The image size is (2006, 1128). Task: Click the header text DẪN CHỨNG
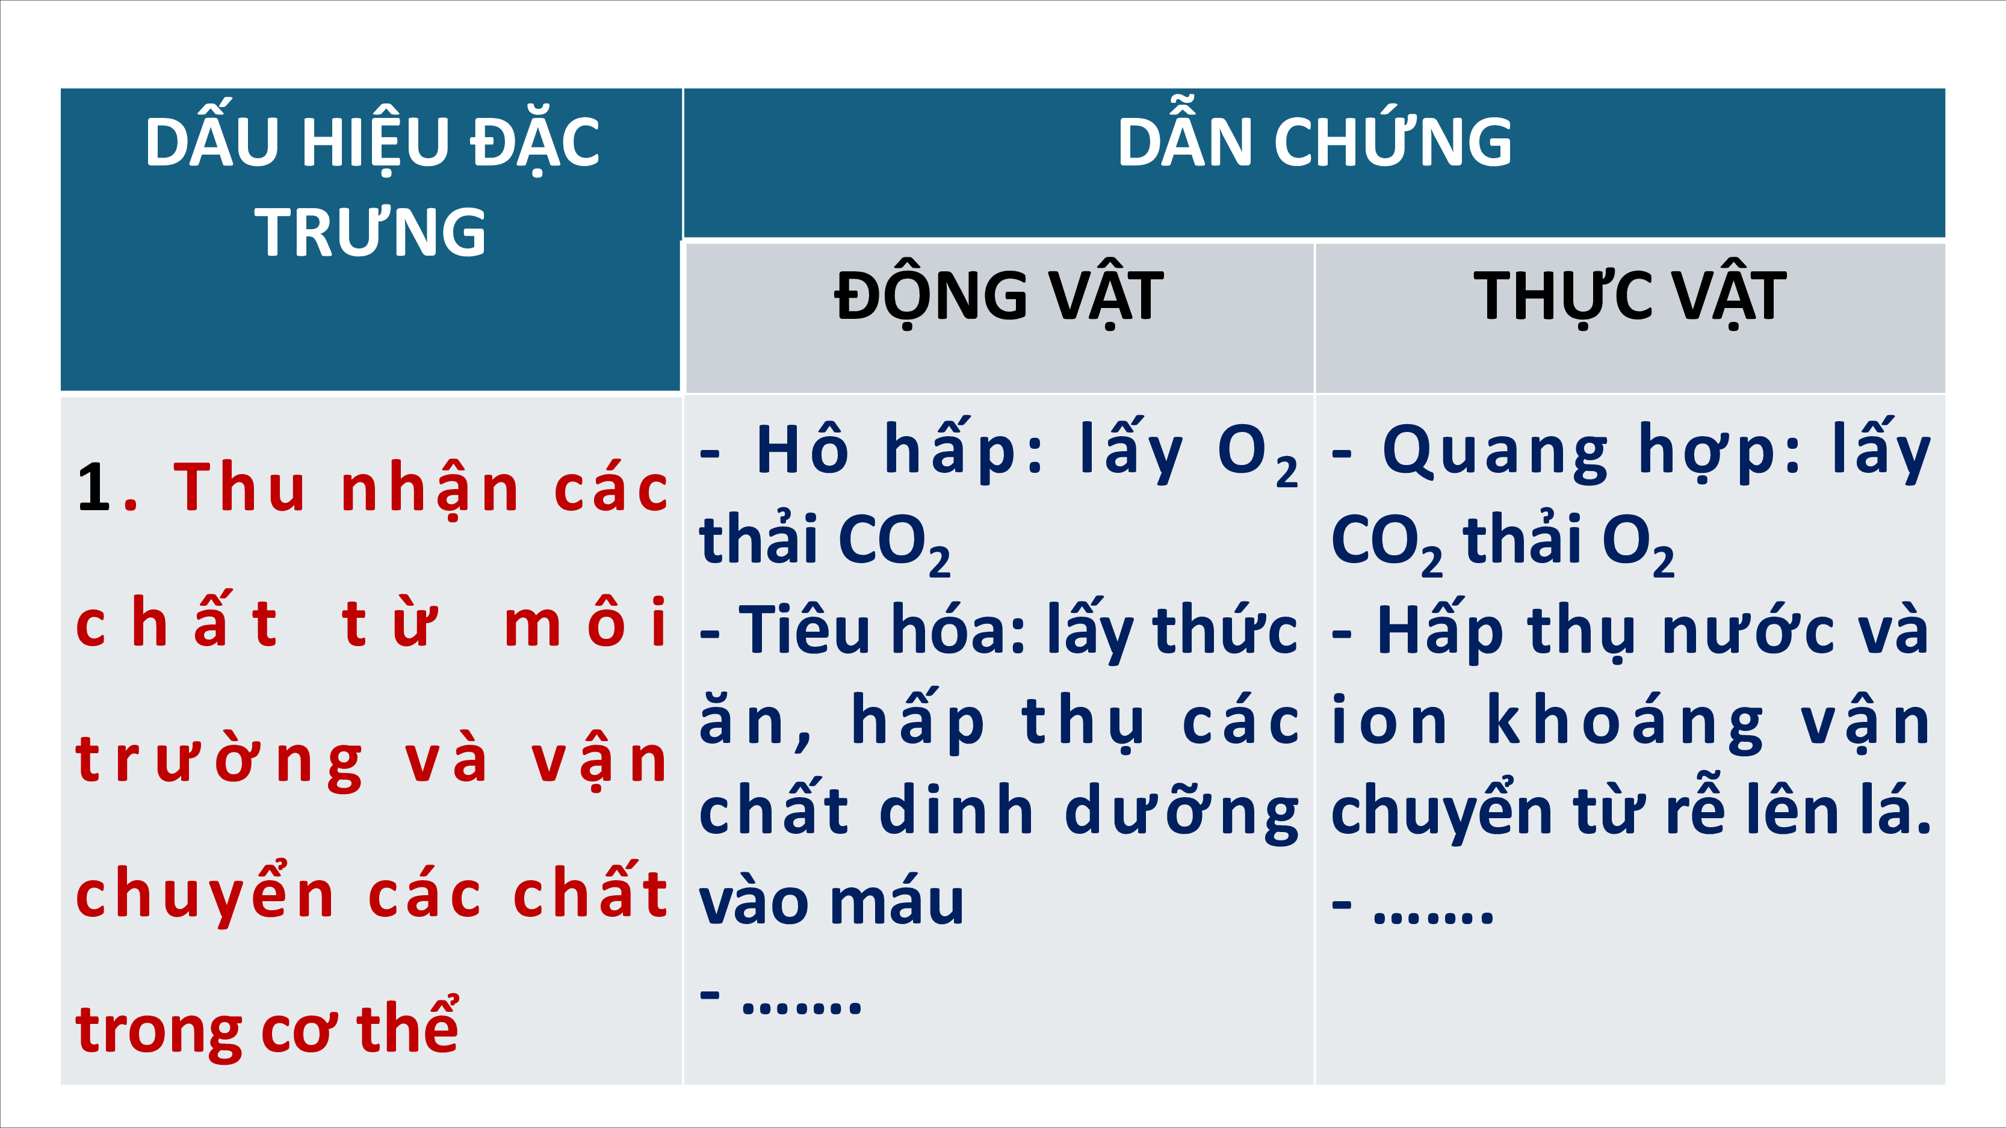pos(1314,142)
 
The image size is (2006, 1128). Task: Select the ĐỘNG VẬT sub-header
pos(999,296)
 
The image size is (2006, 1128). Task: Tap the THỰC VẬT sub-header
pos(1630,296)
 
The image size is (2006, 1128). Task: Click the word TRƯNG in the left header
pos(370,232)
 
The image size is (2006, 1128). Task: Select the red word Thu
pos(239,487)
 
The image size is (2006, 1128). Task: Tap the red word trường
pos(220,760)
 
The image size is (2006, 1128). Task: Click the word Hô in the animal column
pos(802,449)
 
